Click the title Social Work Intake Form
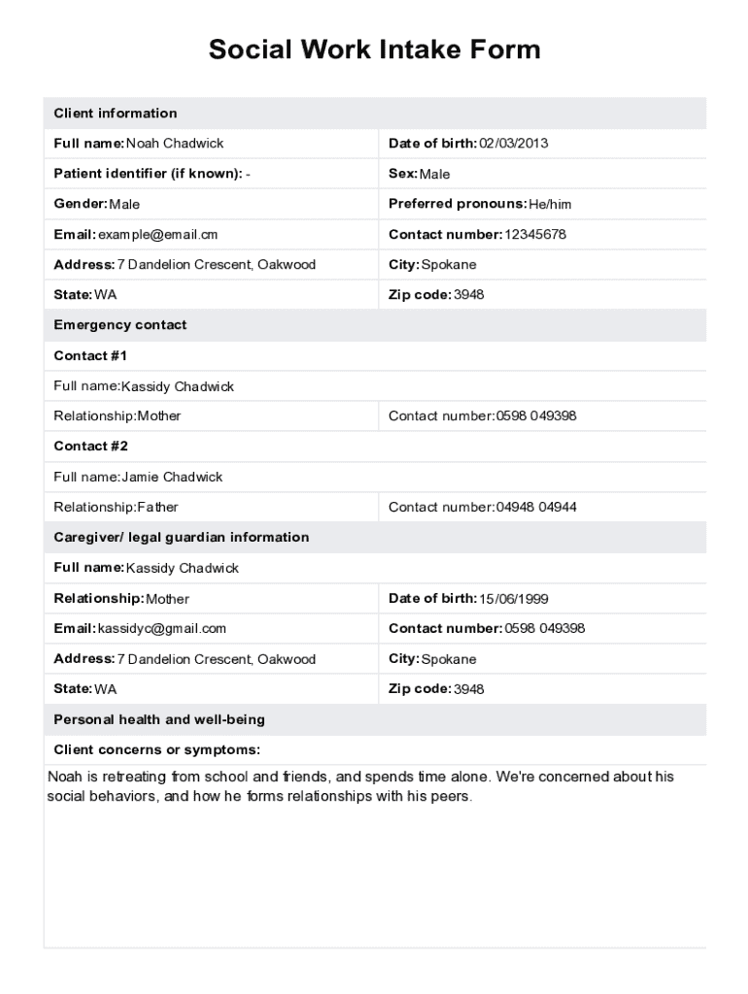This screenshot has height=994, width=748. click(374, 50)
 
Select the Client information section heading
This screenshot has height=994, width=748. click(115, 114)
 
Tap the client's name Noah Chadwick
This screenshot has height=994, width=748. click(175, 144)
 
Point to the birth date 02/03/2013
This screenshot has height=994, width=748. click(514, 144)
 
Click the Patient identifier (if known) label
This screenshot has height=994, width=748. click(147, 174)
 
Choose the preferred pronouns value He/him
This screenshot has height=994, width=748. click(551, 205)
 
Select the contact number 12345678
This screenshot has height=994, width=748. click(535, 235)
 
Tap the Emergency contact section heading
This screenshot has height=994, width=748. click(119, 325)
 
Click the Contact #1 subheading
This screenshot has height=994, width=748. click(90, 355)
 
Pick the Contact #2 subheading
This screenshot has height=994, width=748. click(90, 447)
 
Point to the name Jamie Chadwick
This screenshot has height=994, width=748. click(172, 478)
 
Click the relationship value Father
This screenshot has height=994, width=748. click(158, 508)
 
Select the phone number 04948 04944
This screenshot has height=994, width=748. click(536, 508)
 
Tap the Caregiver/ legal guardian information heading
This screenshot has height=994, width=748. click(181, 538)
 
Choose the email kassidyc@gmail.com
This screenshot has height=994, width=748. click(162, 629)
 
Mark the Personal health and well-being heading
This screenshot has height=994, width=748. click(158, 720)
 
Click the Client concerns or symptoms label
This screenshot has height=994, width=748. click(156, 750)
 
